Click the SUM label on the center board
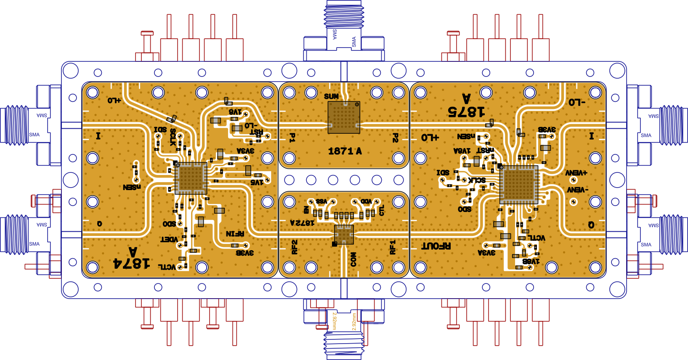(x=331, y=96)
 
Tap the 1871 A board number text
(x=345, y=151)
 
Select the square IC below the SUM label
(x=344, y=117)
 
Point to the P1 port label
(x=292, y=138)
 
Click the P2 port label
(x=395, y=138)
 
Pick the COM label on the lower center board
(x=353, y=259)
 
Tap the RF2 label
(x=295, y=247)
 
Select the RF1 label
(x=393, y=247)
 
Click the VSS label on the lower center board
(x=321, y=201)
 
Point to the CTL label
(x=382, y=210)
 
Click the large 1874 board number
(x=131, y=263)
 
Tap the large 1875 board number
(x=466, y=111)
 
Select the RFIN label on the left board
(x=235, y=233)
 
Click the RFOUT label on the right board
(x=436, y=246)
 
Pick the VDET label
(x=169, y=239)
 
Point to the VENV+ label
(x=576, y=173)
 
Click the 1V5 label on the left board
(x=257, y=182)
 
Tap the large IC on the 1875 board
(x=518, y=185)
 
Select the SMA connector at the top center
(x=344, y=25)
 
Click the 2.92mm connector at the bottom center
(x=344, y=332)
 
